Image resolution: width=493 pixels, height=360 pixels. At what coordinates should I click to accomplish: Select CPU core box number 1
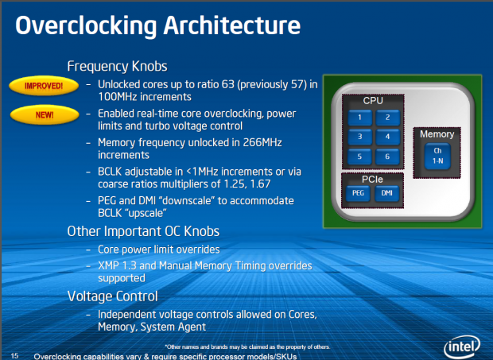click(x=359, y=118)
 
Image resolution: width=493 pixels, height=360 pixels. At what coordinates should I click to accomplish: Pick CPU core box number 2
click(x=387, y=118)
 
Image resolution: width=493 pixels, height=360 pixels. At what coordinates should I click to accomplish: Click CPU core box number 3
click(x=359, y=137)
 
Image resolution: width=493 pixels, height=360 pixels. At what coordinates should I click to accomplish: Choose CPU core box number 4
click(x=387, y=137)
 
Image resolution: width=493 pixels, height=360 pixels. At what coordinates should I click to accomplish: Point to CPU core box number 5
click(x=359, y=156)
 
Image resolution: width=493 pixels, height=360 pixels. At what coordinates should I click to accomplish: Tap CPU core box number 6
click(x=387, y=156)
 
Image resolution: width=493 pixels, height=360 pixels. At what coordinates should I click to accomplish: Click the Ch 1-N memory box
click(x=437, y=154)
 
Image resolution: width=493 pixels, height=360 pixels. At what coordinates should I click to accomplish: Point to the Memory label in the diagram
click(x=437, y=134)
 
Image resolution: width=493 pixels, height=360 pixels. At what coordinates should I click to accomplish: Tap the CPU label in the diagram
click(x=373, y=102)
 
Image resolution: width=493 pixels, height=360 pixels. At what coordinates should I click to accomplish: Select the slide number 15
click(x=14, y=354)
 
